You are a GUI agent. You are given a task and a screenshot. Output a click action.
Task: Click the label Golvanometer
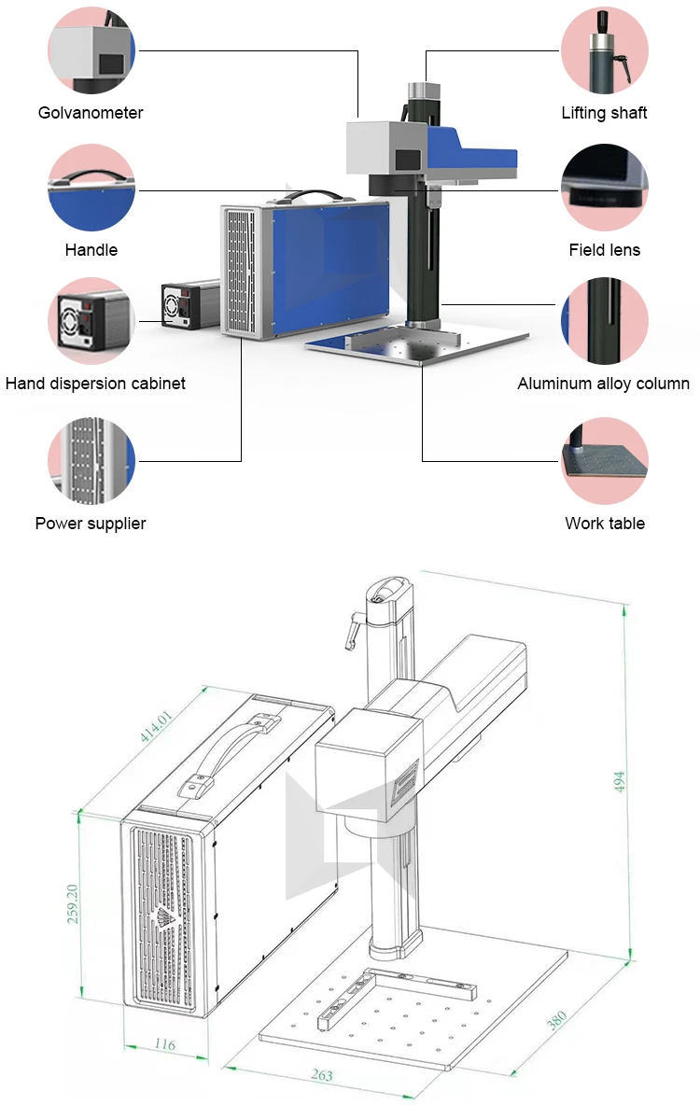91,113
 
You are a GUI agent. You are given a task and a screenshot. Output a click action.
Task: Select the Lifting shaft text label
604,113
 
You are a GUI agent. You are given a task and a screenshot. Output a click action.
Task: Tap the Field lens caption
604,250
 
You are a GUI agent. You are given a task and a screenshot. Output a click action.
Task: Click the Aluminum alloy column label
604,384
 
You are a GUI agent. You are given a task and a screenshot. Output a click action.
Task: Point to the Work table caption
604,524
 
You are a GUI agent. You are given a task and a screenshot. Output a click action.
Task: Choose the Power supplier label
91,524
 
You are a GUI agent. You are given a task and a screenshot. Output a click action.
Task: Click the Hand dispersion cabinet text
95,384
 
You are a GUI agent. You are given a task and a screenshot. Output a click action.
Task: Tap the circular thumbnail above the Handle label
91,188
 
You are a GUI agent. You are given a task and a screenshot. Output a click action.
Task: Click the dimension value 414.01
157,726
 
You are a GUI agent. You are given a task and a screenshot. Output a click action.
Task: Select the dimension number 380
556,1020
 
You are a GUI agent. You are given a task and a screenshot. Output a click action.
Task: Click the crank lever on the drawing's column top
352,628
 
